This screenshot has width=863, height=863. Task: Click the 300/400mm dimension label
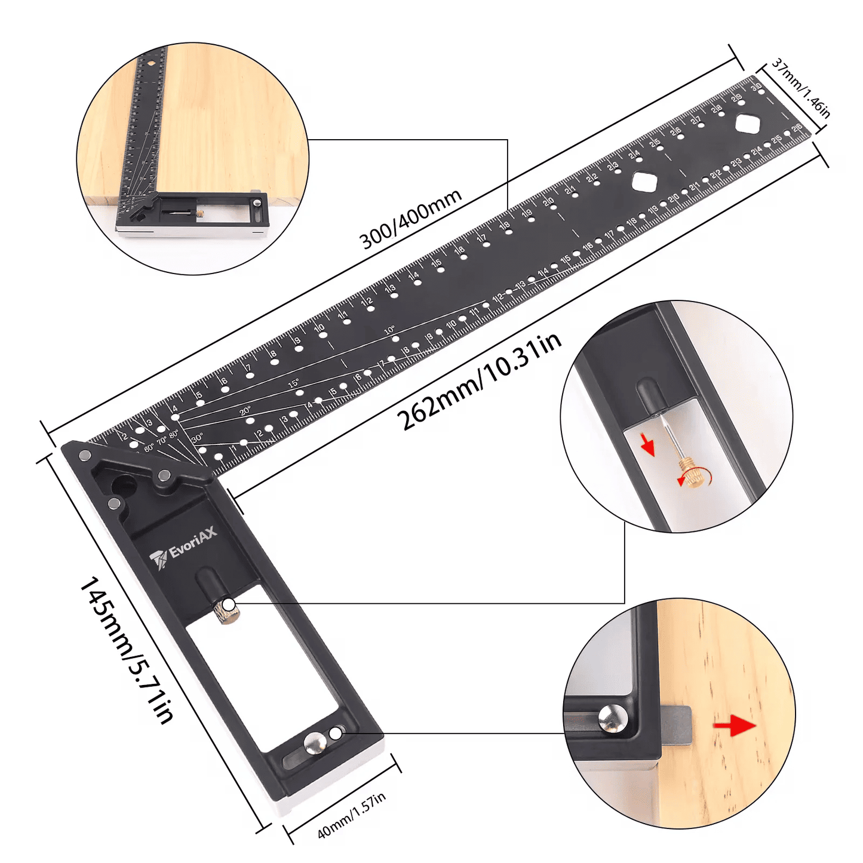(x=410, y=219)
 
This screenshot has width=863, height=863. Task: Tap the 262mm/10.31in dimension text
(x=479, y=380)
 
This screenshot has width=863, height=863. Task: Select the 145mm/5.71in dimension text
(x=126, y=649)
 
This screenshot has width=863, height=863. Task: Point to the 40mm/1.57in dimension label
(x=351, y=815)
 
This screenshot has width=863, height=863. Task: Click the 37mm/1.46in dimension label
(x=801, y=88)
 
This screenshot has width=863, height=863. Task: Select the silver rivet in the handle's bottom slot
(x=315, y=744)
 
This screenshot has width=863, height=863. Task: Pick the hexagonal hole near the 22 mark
(x=644, y=181)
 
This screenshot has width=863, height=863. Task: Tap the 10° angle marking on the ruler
(x=389, y=330)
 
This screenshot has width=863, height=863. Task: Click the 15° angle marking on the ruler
(x=293, y=383)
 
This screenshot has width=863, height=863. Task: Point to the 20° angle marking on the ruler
(x=245, y=411)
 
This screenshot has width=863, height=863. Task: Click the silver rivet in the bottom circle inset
(x=613, y=718)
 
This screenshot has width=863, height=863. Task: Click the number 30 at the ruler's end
(x=756, y=87)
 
